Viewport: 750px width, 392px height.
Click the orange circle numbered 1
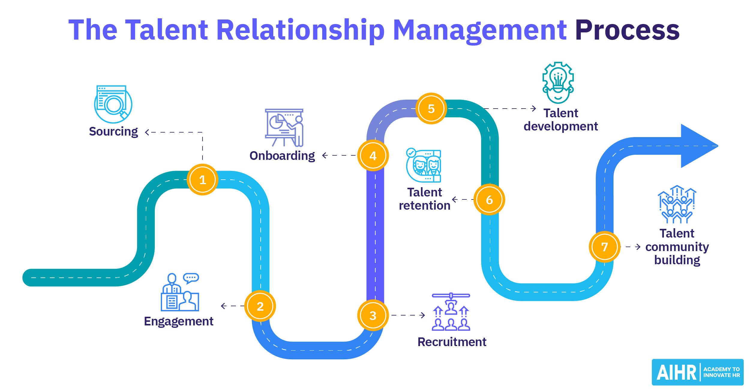tap(202, 180)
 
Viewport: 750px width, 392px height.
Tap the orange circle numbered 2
tap(260, 306)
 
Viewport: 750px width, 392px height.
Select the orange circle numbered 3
tap(373, 315)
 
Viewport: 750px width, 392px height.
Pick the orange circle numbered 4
tap(373, 155)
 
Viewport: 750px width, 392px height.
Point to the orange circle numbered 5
tap(431, 109)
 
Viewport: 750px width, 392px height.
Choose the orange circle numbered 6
tap(489, 199)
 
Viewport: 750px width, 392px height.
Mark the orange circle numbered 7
tap(604, 247)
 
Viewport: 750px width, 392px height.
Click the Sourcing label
tap(113, 131)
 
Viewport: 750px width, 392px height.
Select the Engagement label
tap(178, 321)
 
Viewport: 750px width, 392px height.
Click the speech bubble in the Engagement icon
tap(191, 278)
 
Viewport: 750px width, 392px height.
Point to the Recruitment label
tap(452, 342)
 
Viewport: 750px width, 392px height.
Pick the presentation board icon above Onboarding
tap(284, 127)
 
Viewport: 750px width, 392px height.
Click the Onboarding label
tap(282, 156)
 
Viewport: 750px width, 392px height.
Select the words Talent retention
tap(424, 199)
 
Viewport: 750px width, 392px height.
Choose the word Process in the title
tap(627, 30)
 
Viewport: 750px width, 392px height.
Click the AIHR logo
tap(697, 372)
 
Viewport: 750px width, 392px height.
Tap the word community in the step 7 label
tap(677, 247)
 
